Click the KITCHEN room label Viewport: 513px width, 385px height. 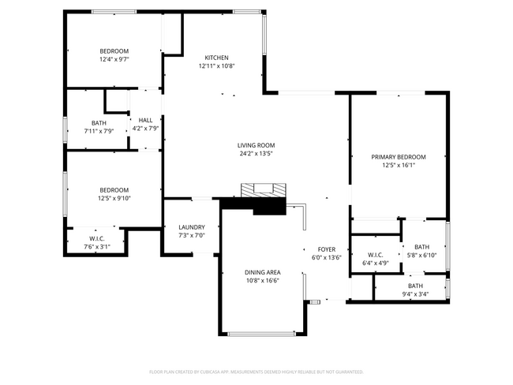pyautogui.click(x=216, y=58)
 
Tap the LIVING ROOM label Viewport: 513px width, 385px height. pyautogui.click(x=256, y=145)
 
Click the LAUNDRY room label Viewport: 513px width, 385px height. pyautogui.click(x=191, y=227)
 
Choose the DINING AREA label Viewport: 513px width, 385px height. pyautogui.click(x=261, y=271)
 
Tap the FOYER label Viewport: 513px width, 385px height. pyautogui.click(x=327, y=249)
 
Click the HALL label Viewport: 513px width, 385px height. pyautogui.click(x=145, y=121)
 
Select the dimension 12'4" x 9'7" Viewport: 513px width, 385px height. pyautogui.click(x=114, y=59)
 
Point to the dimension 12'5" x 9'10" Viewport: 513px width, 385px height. pyautogui.click(x=114, y=198)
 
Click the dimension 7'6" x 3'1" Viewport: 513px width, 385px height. pyautogui.click(x=97, y=247)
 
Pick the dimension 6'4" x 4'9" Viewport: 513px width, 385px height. pyautogui.click(x=375, y=263)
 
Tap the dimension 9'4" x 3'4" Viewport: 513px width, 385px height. pyautogui.click(x=415, y=294)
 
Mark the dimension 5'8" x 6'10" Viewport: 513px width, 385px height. pyautogui.click(x=421, y=255)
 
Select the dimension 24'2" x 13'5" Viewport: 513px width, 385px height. pyautogui.click(x=256, y=154)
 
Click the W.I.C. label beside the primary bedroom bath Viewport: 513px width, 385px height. pyautogui.click(x=375, y=254)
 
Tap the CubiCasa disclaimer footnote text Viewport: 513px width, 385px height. pyautogui.click(x=256, y=371)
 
